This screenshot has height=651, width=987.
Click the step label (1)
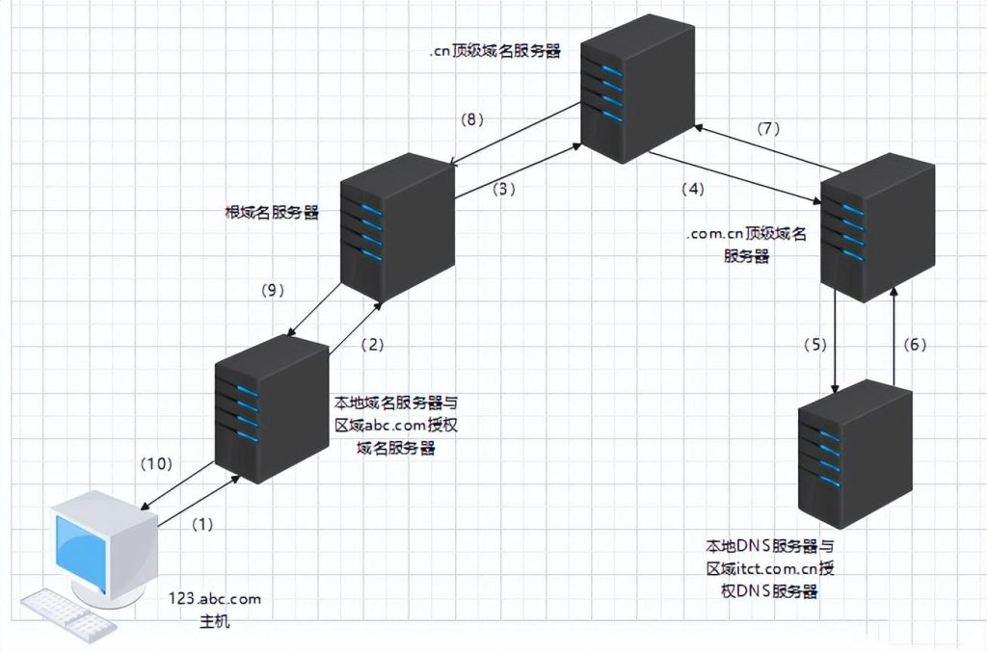click(x=201, y=524)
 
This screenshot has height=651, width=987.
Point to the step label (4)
click(x=694, y=189)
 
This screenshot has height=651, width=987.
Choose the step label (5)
click(x=814, y=344)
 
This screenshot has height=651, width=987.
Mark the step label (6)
click(x=915, y=344)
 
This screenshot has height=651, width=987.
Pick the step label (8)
click(x=471, y=119)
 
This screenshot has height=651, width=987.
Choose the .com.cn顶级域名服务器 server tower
click(x=877, y=229)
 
